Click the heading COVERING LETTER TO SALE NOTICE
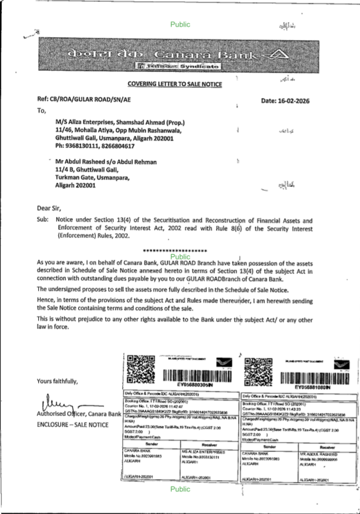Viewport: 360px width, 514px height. tap(175, 84)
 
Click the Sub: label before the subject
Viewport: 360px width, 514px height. tap(42, 219)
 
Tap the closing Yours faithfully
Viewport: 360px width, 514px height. tap(57, 381)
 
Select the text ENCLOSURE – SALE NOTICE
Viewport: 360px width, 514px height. tap(72, 425)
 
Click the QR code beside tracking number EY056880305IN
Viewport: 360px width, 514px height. tap(141, 369)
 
